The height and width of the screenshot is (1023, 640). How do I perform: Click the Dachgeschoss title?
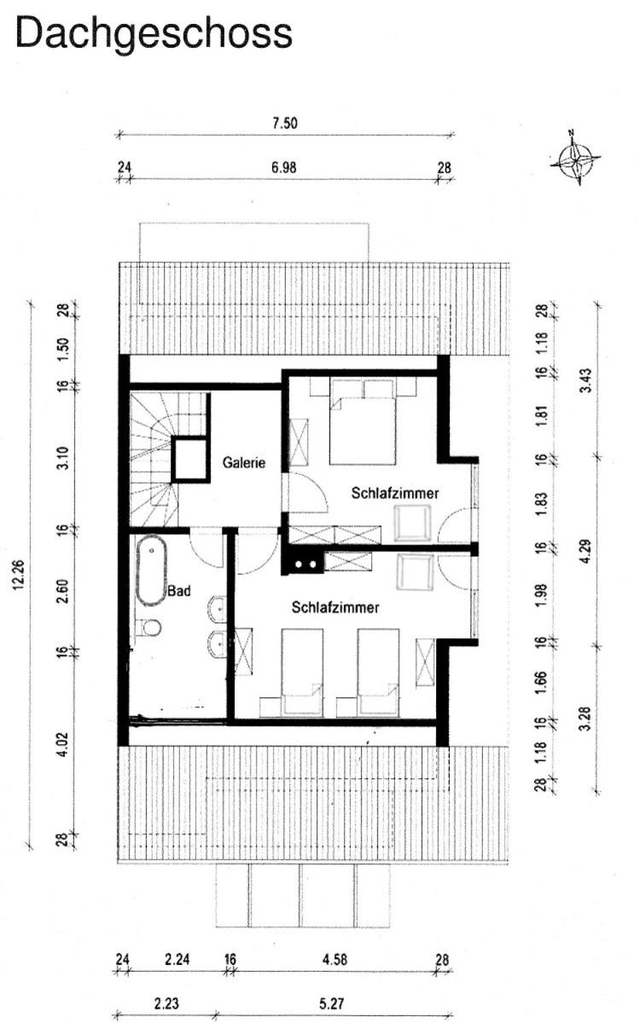[x=154, y=34]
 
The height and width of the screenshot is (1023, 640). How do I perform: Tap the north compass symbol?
[x=575, y=158]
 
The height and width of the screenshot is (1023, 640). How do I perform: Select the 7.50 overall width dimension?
[x=284, y=123]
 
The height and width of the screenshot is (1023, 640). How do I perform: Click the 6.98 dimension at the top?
[x=284, y=168]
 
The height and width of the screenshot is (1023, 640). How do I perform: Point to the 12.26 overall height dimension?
[x=18, y=575]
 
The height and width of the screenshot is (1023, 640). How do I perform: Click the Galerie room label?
[x=244, y=462]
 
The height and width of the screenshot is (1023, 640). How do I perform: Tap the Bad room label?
[x=178, y=591]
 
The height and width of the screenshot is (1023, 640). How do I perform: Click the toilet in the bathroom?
[x=149, y=628]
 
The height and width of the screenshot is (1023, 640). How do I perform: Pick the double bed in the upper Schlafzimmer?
[x=363, y=421]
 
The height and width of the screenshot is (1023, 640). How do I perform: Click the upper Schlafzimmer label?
[x=395, y=493]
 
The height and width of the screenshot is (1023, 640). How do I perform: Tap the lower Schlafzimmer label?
[x=335, y=607]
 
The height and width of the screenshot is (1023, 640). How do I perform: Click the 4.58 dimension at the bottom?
[x=335, y=960]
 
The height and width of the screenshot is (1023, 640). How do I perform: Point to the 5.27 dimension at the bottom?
[x=332, y=1003]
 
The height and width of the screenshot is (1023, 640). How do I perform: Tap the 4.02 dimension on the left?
[x=62, y=745]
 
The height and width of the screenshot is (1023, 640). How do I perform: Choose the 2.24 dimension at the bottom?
[x=177, y=960]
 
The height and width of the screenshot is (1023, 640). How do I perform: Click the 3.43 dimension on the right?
[x=585, y=381]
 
